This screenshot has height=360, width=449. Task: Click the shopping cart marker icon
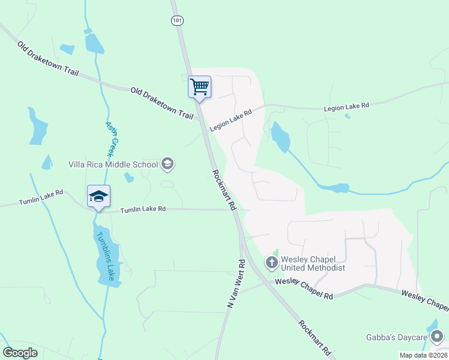click(x=199, y=86)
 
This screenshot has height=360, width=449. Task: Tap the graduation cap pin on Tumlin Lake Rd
click(x=99, y=196)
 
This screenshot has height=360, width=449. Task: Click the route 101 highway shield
click(x=177, y=21)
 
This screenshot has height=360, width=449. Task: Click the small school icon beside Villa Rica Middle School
click(x=167, y=163)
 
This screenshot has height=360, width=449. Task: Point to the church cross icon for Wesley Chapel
click(x=272, y=262)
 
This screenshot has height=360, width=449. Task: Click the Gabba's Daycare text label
click(x=396, y=337)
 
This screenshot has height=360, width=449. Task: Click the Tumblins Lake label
click(x=106, y=256)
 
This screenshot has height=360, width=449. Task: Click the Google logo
click(x=20, y=352)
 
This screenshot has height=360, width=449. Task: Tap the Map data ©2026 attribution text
click(x=424, y=355)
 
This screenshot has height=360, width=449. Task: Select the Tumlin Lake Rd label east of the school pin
click(x=143, y=209)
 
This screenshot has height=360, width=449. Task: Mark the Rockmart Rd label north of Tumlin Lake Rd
click(x=224, y=190)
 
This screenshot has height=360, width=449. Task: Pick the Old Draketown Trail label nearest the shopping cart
click(x=162, y=102)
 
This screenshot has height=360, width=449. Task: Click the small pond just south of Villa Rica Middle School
click(x=128, y=178)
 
